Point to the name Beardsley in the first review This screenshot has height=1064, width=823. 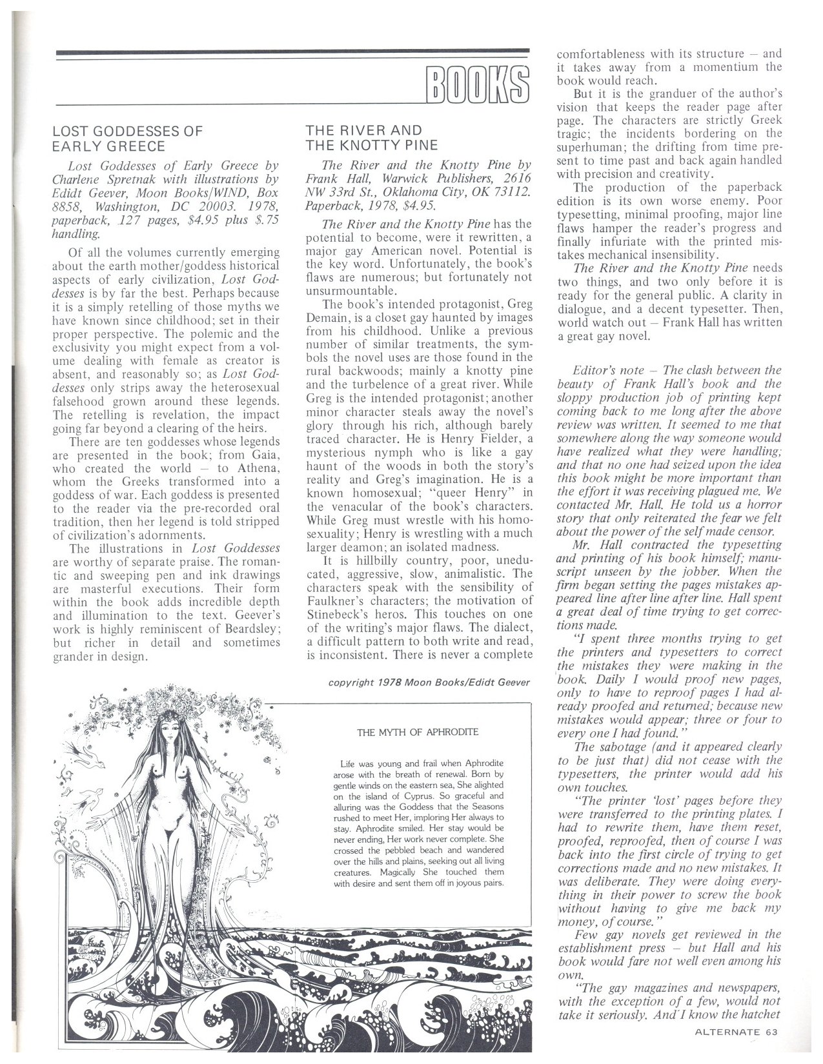point(254,628)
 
